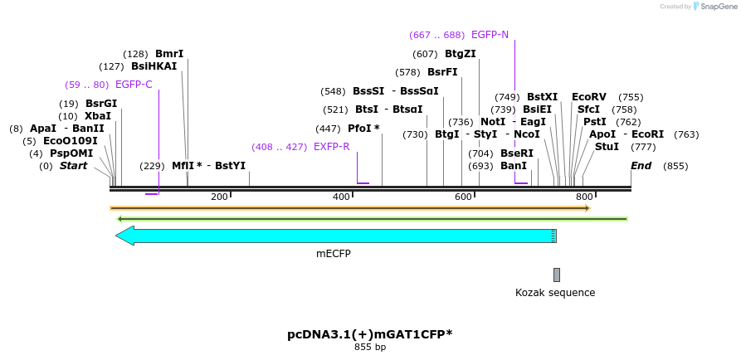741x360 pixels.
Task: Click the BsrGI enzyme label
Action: click(x=101, y=104)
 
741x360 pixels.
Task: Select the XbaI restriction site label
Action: click(x=97, y=116)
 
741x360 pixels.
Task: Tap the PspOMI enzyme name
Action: click(x=71, y=153)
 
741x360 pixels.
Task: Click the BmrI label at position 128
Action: click(x=169, y=54)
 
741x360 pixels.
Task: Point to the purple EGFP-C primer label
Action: click(x=134, y=85)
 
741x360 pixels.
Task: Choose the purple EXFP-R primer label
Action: click(x=331, y=147)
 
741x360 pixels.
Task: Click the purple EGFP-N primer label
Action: click(x=490, y=35)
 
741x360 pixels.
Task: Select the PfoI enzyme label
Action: click(x=363, y=129)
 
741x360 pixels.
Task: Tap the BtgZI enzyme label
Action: click(x=461, y=54)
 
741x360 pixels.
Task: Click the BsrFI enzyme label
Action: click(x=442, y=72)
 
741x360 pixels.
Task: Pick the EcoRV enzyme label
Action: click(x=589, y=97)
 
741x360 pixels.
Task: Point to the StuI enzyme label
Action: click(x=607, y=147)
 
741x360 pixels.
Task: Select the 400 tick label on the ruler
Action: click(x=341, y=197)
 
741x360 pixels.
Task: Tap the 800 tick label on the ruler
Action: click(x=584, y=197)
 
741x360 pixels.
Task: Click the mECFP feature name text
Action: click(x=334, y=254)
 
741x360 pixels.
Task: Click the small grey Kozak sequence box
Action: click(x=557, y=275)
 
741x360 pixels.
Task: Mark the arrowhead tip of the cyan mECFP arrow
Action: click(x=117, y=236)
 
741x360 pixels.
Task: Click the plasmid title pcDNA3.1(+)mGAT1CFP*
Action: click(x=370, y=334)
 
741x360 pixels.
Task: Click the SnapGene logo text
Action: click(x=718, y=7)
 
